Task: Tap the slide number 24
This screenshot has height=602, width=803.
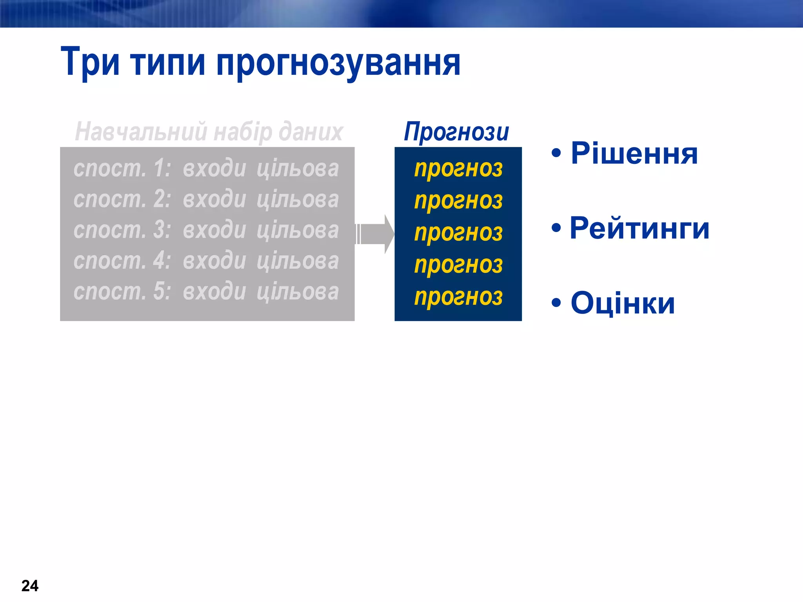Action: pyautogui.click(x=30, y=586)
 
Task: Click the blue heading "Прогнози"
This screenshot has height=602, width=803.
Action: pyautogui.click(x=456, y=132)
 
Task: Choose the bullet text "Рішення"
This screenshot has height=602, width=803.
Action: pyautogui.click(x=634, y=153)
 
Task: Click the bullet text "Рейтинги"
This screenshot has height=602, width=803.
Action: pyautogui.click(x=639, y=228)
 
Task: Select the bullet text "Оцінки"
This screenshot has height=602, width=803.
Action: pyautogui.click(x=623, y=303)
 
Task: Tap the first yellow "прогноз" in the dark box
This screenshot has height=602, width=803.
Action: pyautogui.click(x=458, y=169)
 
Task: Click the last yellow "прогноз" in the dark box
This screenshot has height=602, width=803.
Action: pyautogui.click(x=458, y=297)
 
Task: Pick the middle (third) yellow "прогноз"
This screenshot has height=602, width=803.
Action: pyautogui.click(x=458, y=233)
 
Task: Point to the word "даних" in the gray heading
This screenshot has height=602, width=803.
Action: pyautogui.click(x=311, y=131)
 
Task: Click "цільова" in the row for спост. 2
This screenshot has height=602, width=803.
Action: pyautogui.click(x=298, y=199)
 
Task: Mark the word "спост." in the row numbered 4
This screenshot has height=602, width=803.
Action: pyautogui.click(x=110, y=261)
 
